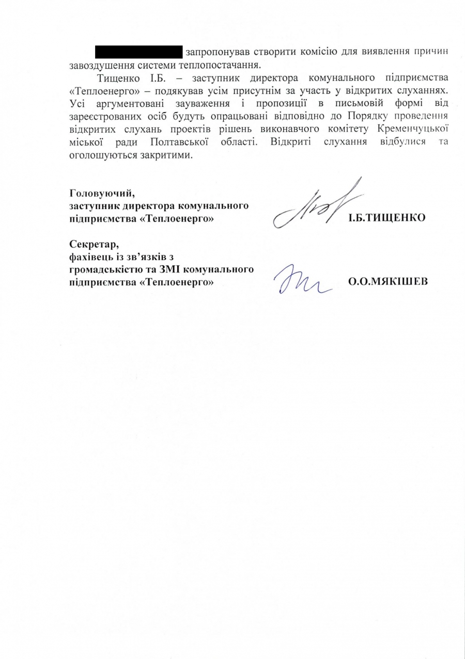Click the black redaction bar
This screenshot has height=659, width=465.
139,52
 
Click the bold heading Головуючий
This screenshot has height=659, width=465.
102,195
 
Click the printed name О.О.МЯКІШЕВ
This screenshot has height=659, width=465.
388,282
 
